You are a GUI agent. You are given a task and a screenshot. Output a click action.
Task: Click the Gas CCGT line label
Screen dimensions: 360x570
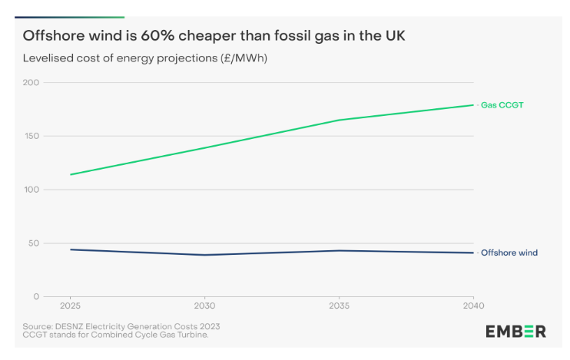click(502, 104)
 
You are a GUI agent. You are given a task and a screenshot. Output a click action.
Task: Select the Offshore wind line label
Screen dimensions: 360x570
click(509, 253)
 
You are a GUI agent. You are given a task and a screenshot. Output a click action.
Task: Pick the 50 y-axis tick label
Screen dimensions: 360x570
click(33, 243)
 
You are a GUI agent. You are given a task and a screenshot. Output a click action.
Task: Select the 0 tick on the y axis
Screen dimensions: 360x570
click(36, 297)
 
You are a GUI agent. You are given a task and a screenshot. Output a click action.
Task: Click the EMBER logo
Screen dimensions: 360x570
click(515, 332)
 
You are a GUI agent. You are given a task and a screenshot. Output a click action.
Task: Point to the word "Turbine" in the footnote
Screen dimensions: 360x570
click(192, 335)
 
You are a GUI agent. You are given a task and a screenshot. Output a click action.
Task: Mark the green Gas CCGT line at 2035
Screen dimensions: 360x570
click(339, 120)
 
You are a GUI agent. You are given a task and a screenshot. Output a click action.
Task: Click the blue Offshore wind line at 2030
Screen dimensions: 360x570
click(204, 255)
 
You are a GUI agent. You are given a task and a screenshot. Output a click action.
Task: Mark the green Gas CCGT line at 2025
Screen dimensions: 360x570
click(70, 174)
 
